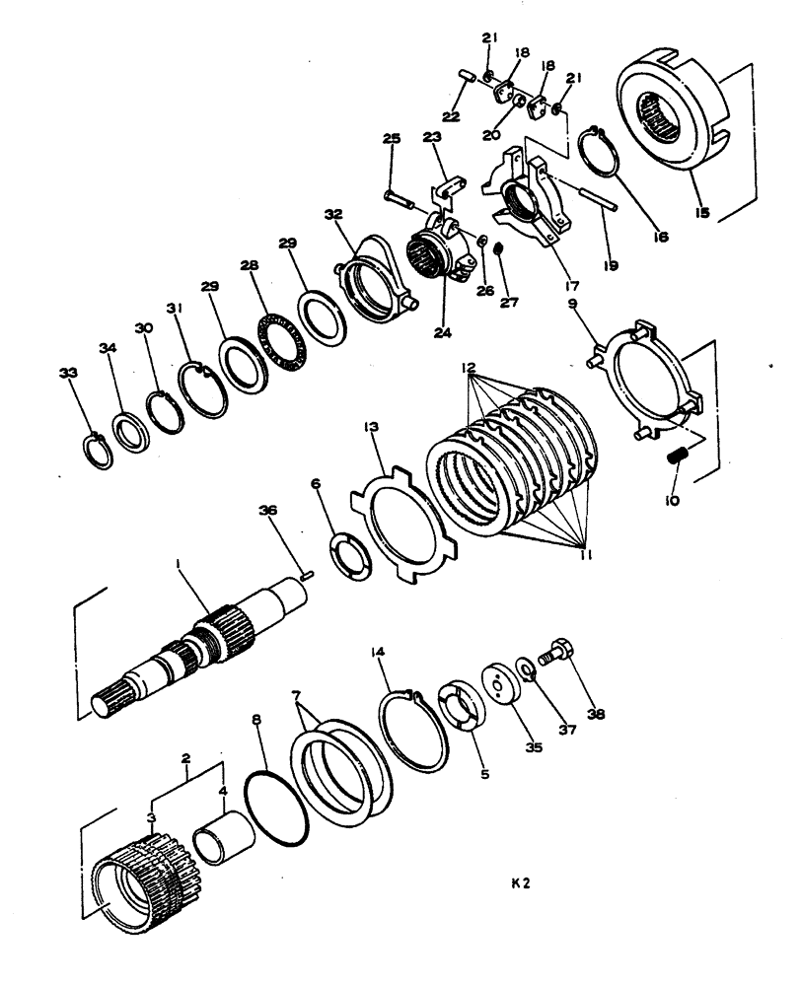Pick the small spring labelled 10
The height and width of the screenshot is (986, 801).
pyautogui.click(x=677, y=458)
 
